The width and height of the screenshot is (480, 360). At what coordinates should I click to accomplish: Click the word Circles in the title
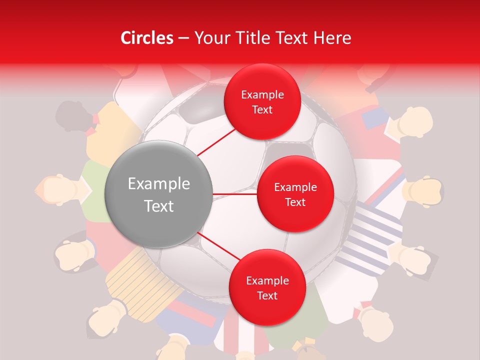147,38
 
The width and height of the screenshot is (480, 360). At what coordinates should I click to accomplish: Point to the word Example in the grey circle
159,184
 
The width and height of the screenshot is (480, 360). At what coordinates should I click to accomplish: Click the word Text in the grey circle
159,206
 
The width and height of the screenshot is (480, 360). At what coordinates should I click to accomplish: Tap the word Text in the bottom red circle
267,296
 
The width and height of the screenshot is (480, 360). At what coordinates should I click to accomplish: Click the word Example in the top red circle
262,95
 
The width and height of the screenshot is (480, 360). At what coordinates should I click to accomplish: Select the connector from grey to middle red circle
235,194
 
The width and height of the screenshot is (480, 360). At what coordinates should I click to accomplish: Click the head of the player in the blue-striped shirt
417,260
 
